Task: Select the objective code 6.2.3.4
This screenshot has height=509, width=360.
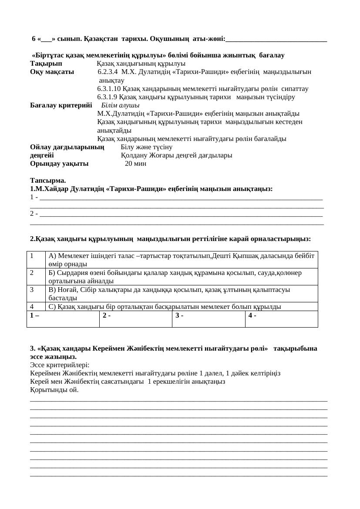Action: [x=108, y=72]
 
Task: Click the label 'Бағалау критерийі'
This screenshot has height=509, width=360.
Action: [x=61, y=105]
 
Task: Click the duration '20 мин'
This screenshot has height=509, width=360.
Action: [x=135, y=164]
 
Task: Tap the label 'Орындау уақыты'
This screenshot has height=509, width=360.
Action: [x=59, y=164]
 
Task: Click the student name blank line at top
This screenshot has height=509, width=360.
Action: [x=276, y=40]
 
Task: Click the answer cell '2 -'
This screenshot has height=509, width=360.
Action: [x=135, y=318]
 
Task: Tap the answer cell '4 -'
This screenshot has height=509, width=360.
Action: [x=281, y=318]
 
